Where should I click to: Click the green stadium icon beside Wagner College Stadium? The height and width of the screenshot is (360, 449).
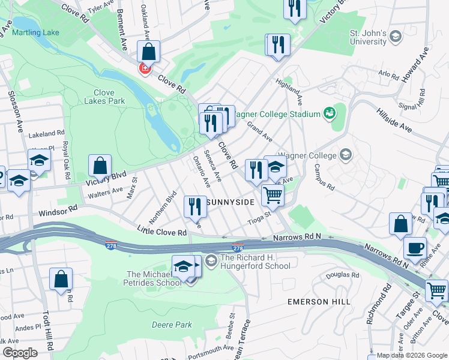pyautogui.click(x=329, y=113)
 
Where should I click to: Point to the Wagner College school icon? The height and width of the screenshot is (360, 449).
pyautogui.click(x=345, y=155)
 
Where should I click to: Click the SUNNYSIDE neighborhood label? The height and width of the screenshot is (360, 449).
pyautogui.click(x=230, y=203)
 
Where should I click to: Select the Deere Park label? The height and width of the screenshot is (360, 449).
pyautogui.click(x=172, y=325)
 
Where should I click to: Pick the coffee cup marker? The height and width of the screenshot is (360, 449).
pyautogui.click(x=414, y=248)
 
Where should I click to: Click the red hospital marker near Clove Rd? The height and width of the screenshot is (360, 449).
pyautogui.click(x=144, y=69)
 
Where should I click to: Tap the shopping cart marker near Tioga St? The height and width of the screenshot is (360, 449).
pyautogui.click(x=273, y=194)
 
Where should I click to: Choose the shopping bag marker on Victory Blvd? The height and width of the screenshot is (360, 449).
pyautogui.click(x=100, y=165)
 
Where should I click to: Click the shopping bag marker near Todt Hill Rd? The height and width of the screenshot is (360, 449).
pyautogui.click(x=61, y=279)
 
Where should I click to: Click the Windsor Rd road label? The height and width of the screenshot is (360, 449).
pyautogui.click(x=59, y=211)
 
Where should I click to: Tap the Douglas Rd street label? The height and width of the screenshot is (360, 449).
pyautogui.click(x=342, y=275)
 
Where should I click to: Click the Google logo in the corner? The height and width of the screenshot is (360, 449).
pyautogui.click(x=19, y=352)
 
